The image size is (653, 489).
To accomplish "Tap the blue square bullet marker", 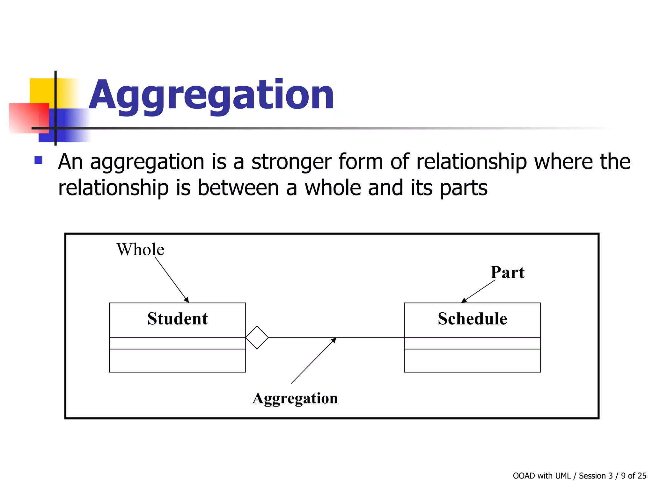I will (x=39, y=160).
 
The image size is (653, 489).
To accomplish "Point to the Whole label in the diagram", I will (x=140, y=249).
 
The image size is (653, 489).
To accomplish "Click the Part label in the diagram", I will (x=507, y=273).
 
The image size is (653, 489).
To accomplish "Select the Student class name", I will (x=177, y=319).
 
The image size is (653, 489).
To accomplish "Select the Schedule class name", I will (x=472, y=319).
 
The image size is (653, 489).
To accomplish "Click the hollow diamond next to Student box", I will (x=257, y=337).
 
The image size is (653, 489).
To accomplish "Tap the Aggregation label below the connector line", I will (x=295, y=398).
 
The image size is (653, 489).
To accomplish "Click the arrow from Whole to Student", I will (x=172, y=279).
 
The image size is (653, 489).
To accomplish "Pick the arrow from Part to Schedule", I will (x=478, y=291).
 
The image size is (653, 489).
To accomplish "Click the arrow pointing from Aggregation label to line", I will (x=313, y=361).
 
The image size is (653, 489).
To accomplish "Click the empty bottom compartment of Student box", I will (x=177, y=361).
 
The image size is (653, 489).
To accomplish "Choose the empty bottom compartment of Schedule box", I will (x=472, y=361).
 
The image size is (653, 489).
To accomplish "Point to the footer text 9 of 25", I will (x=634, y=476).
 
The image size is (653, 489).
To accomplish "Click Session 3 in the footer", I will (x=596, y=476).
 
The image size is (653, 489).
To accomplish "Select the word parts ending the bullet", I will (x=464, y=188).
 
